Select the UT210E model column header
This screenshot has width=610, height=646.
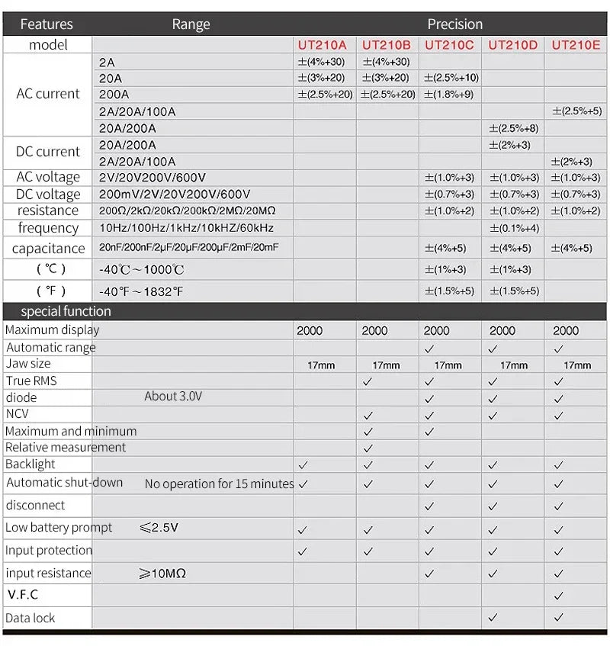coord(576,45)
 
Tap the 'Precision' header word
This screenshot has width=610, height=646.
coord(454,24)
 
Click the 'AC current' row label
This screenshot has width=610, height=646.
coord(47,94)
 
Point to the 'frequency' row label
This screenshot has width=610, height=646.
coord(48,227)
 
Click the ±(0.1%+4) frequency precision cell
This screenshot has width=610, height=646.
coord(514,228)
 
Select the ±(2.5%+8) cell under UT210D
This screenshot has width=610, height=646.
coord(514,128)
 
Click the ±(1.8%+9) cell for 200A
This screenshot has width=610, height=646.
coord(449,95)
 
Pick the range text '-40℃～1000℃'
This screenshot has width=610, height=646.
coord(142,270)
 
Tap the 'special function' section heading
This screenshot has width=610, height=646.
coord(66,311)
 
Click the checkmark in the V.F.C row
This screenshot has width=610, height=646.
coord(559,595)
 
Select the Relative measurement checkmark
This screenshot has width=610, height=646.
coord(368,448)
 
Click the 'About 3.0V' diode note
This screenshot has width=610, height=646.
coord(173,397)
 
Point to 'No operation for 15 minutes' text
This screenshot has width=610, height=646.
coord(219,484)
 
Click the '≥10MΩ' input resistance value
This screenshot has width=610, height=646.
coord(162,574)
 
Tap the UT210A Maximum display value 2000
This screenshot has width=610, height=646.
coord(310,331)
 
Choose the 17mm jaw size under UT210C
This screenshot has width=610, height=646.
coord(448,365)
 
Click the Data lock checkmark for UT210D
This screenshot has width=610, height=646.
coord(493,617)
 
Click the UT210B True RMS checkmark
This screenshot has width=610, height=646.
coord(368,381)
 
